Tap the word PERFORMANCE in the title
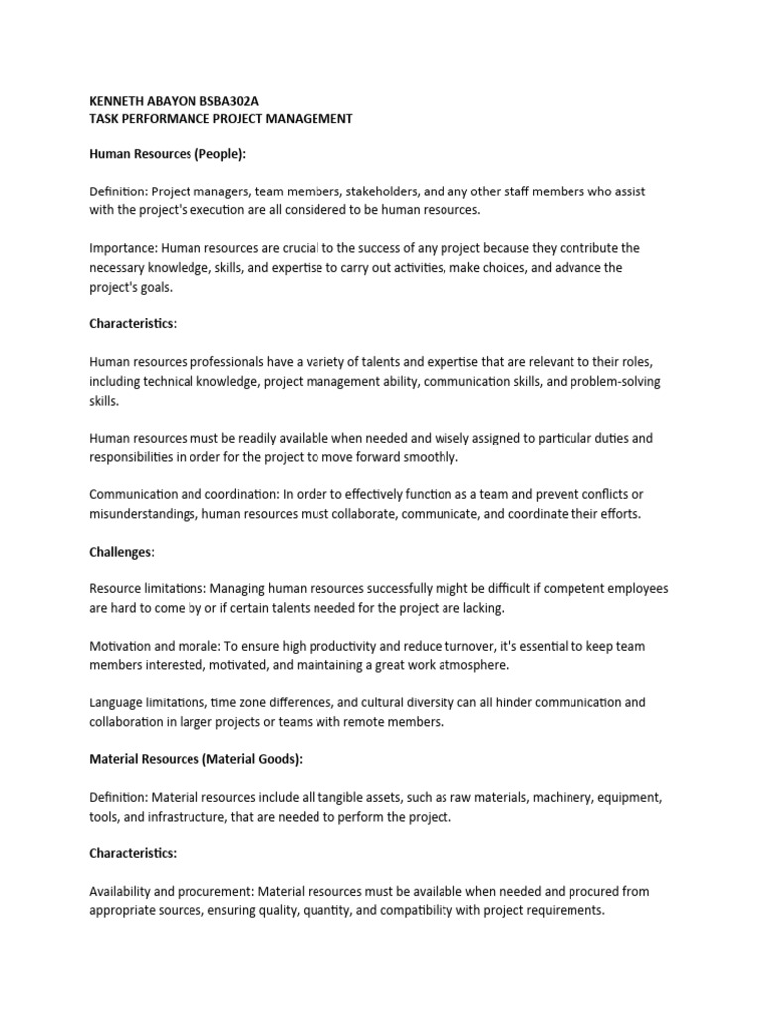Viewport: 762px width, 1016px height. (x=169, y=119)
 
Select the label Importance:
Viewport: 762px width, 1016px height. (x=123, y=249)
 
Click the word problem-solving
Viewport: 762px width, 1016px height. (x=615, y=382)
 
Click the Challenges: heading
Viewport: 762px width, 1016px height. (x=122, y=551)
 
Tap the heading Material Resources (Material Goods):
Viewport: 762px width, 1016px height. (x=195, y=760)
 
